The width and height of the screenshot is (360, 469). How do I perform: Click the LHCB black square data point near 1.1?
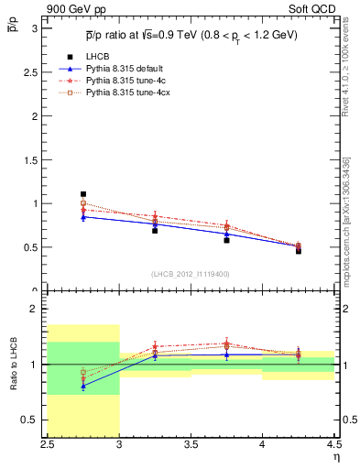(x=83, y=194)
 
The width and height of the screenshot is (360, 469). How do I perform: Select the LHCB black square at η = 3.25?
(x=155, y=230)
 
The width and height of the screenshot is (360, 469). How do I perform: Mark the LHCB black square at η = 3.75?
(x=226, y=240)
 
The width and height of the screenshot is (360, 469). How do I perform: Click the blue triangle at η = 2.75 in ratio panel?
(x=83, y=386)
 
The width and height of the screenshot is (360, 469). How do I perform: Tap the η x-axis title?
(x=336, y=457)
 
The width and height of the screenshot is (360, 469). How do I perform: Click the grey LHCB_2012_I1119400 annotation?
(x=191, y=274)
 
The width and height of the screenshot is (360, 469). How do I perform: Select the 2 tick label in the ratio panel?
(x=38, y=309)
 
